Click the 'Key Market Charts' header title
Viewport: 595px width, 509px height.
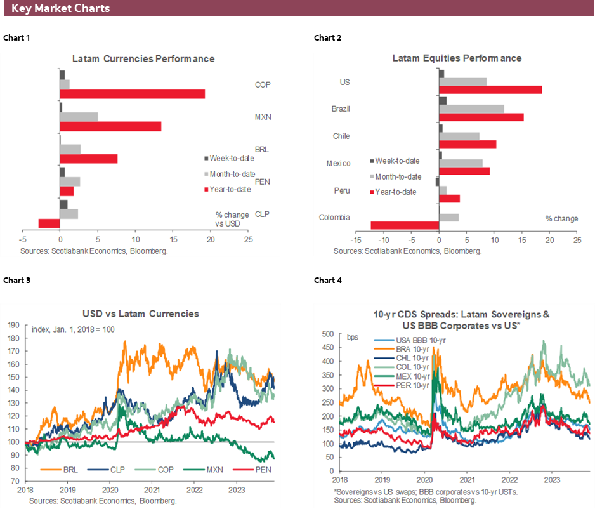pyautogui.click(x=60, y=8)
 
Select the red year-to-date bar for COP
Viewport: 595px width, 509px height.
pyautogui.click(x=132, y=94)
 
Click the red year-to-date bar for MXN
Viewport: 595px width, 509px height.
pyautogui.click(x=110, y=126)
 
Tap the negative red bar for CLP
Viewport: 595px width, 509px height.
pyautogui.click(x=49, y=223)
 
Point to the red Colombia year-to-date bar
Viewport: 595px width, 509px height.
pyautogui.click(x=405, y=225)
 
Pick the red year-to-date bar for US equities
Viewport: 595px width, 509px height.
pyautogui.click(x=490, y=89)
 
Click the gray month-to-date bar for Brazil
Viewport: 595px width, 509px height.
pyautogui.click(x=471, y=109)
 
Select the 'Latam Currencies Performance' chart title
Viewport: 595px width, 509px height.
pyautogui.click(x=143, y=58)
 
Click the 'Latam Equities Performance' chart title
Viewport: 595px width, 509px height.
pyautogui.click(x=457, y=58)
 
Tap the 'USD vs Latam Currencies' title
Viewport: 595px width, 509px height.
pyautogui.click(x=140, y=314)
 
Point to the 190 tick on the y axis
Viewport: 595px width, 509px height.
pyautogui.click(x=13, y=325)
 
